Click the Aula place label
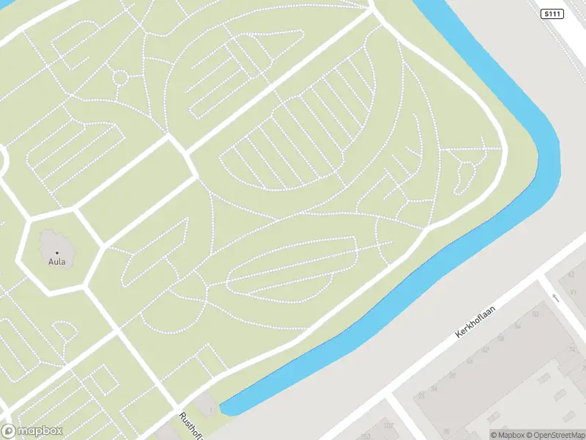(56, 261)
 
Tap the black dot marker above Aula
(56, 252)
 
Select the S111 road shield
(552, 14)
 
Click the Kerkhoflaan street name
(476, 322)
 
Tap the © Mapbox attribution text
(508, 434)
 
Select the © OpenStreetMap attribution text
(555, 434)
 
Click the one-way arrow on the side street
(556, 297)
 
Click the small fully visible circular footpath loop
(120, 77)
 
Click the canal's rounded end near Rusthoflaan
(227, 408)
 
